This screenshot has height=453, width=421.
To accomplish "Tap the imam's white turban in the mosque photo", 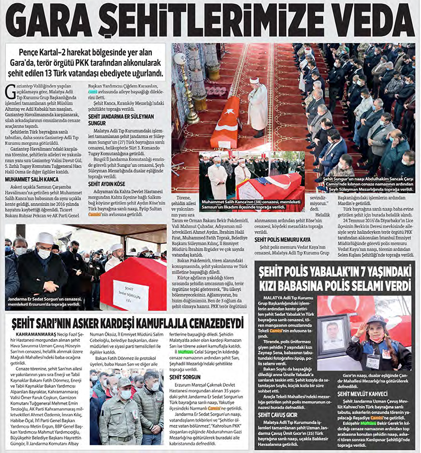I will tap(255, 80).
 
